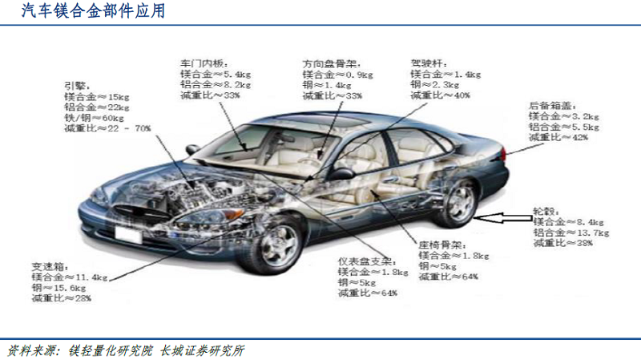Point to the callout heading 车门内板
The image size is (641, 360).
click(x=204, y=62)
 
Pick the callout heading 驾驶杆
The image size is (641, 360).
click(x=428, y=62)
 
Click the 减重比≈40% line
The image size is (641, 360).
click(x=440, y=95)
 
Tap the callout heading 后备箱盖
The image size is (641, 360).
click(x=550, y=105)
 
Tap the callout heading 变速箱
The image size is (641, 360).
click(x=49, y=265)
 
